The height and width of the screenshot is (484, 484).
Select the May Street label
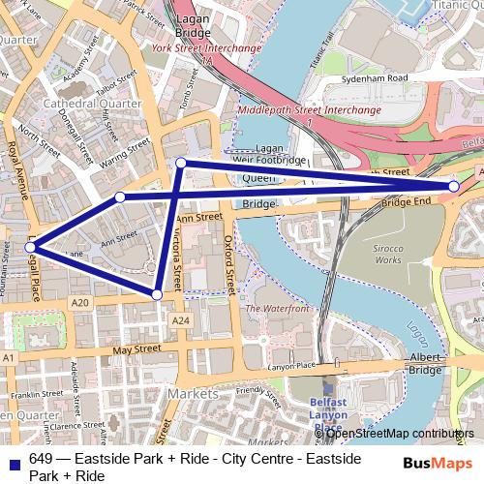(x=136, y=348)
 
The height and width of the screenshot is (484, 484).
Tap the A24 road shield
(x=179, y=319)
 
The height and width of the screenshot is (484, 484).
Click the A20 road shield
(x=79, y=303)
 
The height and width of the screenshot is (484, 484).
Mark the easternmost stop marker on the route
(x=453, y=186)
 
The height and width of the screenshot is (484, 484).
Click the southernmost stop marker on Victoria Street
(x=157, y=293)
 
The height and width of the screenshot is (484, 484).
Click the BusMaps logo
(x=443, y=463)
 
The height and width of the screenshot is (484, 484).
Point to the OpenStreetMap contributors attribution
(x=399, y=433)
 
